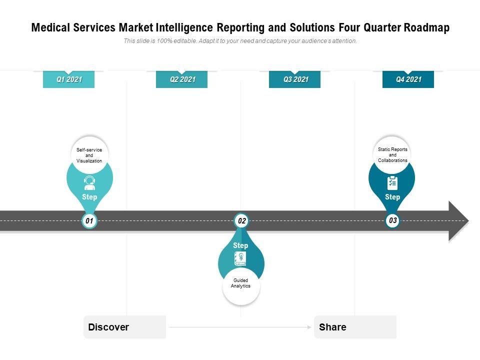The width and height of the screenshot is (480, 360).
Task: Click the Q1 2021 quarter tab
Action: [x=68, y=79]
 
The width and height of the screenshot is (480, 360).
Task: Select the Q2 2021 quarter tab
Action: [x=181, y=79]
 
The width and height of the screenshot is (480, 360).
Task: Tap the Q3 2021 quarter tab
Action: [x=295, y=79]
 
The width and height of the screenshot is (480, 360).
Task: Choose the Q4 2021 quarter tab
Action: [x=408, y=79]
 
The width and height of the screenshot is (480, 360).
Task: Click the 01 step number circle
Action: [x=89, y=220]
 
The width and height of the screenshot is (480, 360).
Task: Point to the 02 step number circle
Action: [x=241, y=220]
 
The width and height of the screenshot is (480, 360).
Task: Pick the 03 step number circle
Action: [x=392, y=220]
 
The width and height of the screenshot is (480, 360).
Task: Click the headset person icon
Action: [x=89, y=183]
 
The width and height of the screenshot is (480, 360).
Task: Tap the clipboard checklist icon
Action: [x=392, y=183]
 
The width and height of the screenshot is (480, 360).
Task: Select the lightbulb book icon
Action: [x=240, y=258]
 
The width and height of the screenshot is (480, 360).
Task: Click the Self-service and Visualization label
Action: [x=89, y=155]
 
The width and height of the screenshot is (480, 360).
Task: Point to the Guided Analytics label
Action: [x=241, y=283]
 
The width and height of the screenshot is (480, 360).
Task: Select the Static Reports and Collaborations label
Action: [x=392, y=155]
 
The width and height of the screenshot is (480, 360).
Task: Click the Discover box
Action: [x=124, y=327]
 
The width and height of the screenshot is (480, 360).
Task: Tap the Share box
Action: [x=355, y=327]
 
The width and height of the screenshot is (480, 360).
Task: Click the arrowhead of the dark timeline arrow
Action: [x=458, y=220]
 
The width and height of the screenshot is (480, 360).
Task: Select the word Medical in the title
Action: [x=50, y=27]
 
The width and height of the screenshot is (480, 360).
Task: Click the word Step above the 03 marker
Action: [x=392, y=197]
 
